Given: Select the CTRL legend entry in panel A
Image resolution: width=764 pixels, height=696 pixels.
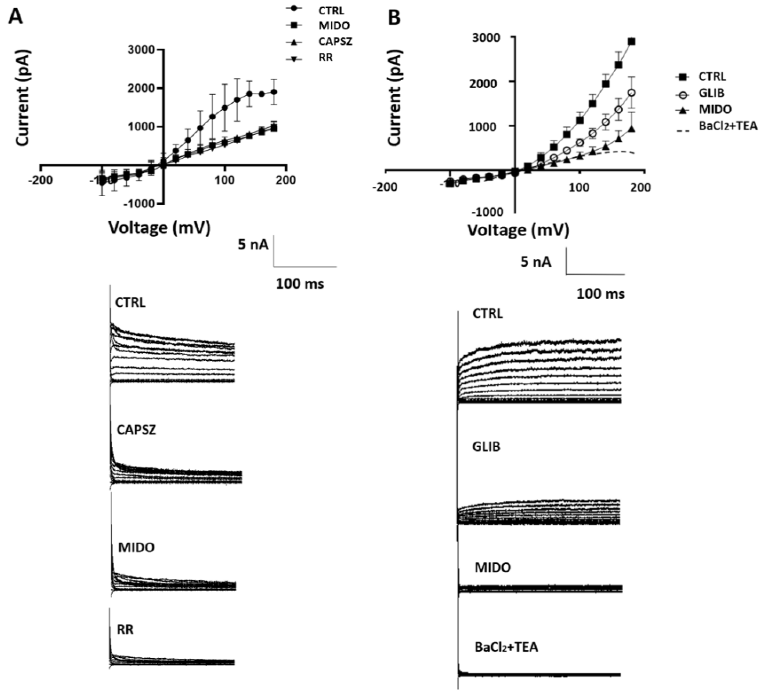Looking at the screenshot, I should [331, 11].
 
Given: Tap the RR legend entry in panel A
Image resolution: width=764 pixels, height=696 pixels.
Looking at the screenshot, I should [326, 58].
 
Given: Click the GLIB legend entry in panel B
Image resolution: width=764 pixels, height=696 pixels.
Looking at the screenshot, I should [711, 93].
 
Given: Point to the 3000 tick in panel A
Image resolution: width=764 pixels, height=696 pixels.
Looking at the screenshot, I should [141, 50].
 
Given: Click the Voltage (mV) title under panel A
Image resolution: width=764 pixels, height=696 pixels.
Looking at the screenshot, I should [159, 228].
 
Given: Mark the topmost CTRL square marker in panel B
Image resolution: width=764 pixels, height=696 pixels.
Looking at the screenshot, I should [632, 41].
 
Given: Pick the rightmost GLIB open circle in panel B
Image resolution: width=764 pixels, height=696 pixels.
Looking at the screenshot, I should [632, 92].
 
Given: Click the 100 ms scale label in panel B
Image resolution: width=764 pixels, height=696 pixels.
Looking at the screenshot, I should [600, 294].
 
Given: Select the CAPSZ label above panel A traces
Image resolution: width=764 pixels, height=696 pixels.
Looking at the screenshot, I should [136, 430].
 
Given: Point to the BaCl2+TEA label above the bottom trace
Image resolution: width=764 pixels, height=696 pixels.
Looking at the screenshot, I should [506, 647].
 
